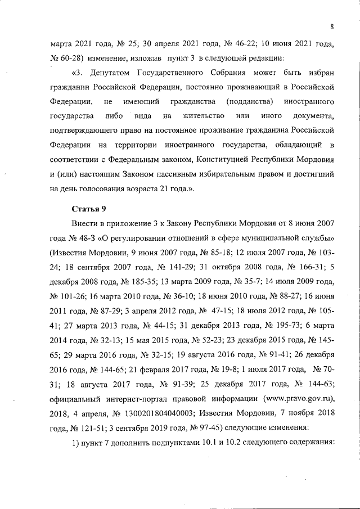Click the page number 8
click(x=332, y=26)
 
